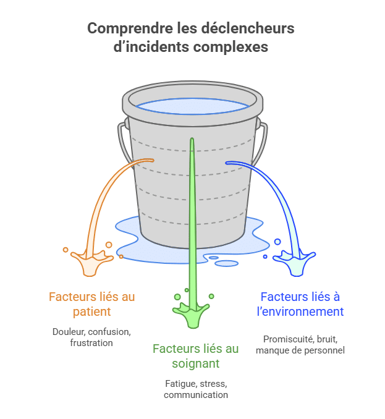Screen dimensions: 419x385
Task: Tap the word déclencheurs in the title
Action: pos(251,28)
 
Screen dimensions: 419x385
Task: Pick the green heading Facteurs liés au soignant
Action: pos(195,356)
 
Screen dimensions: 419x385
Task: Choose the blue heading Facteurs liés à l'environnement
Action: pos(301,304)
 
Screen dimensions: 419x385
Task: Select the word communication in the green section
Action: pos(196,394)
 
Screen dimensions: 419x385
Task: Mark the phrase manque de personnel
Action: pos(300,350)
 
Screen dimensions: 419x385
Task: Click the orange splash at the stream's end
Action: pos(91,262)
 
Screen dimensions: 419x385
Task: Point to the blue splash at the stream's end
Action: pos(297,263)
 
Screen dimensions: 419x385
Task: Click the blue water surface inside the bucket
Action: pos(192,104)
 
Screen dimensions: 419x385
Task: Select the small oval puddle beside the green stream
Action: pos(227,263)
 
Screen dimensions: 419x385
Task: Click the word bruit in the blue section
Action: pos(327,339)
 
